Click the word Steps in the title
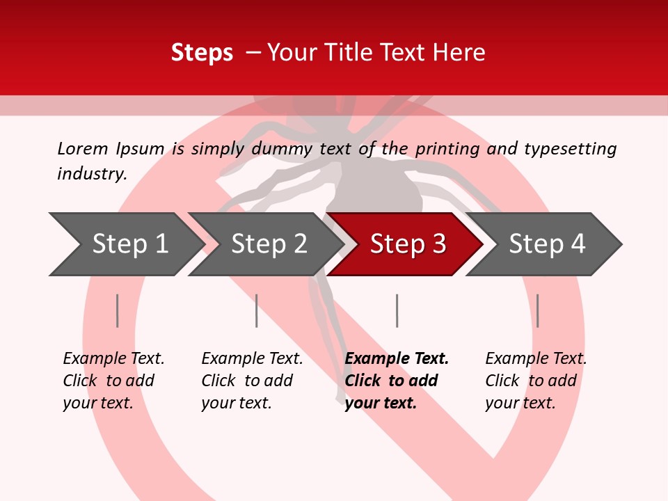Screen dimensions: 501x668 click(202, 53)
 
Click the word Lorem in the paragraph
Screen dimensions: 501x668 click(82, 148)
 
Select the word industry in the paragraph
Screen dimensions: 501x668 click(92, 173)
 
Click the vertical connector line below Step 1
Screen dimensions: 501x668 click(118, 310)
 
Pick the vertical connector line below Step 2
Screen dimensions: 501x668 click(257, 310)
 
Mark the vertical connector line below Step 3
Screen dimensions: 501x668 click(397, 310)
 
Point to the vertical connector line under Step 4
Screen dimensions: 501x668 click(537, 310)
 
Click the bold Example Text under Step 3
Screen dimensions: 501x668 click(397, 381)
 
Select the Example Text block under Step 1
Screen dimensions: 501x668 click(113, 381)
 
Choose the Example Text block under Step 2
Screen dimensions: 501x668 click(252, 381)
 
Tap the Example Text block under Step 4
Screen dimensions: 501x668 click(536, 381)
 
